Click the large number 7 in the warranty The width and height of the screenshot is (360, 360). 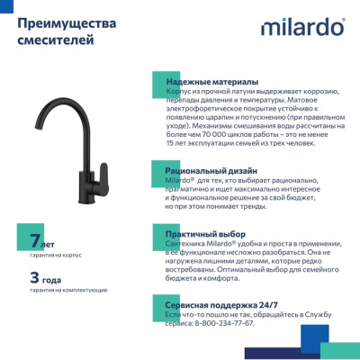click(x=34, y=241)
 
